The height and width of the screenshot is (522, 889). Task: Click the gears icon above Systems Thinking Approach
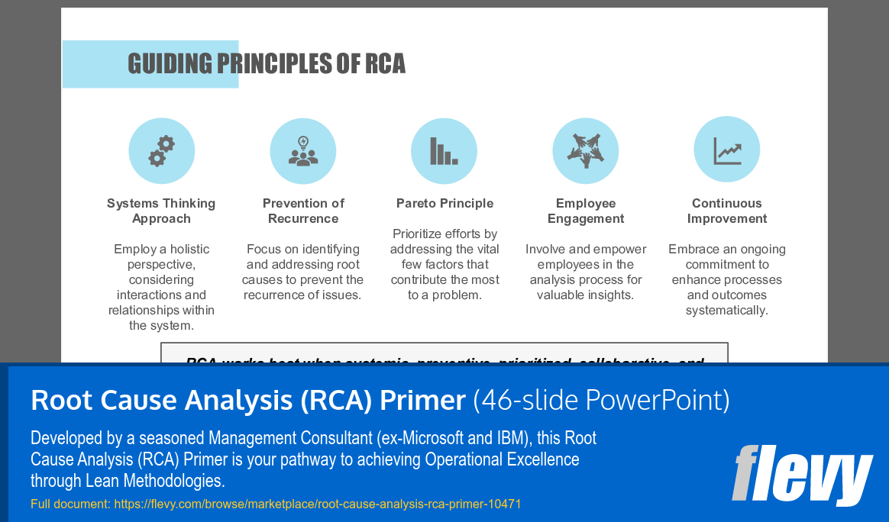tap(161, 151)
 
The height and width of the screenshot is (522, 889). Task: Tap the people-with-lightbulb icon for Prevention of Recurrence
tap(303, 151)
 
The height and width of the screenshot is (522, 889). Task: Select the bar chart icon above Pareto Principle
tap(444, 151)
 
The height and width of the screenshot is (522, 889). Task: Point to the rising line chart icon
tap(727, 150)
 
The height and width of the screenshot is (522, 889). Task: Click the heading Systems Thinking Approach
tap(161, 211)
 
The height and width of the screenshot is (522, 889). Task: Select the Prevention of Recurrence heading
tap(303, 211)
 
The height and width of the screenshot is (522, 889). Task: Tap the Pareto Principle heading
tap(444, 203)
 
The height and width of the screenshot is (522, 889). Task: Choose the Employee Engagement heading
tap(586, 211)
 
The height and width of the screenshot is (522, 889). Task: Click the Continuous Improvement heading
tap(727, 211)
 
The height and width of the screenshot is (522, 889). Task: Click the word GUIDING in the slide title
tap(170, 64)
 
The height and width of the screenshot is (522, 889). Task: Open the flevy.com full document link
tap(318, 504)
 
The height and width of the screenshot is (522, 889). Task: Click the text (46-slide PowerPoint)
tap(601, 400)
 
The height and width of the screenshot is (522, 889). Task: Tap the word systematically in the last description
tap(727, 310)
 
